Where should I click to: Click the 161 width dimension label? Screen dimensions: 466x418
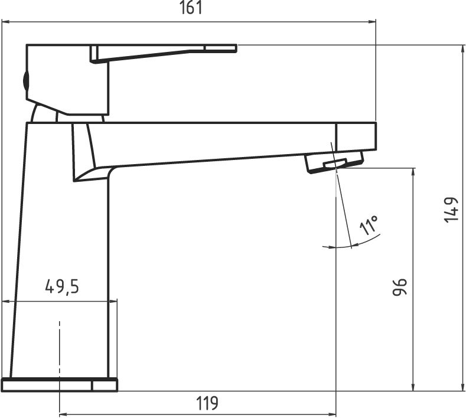(191, 8)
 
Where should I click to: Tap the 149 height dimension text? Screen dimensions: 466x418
(451, 210)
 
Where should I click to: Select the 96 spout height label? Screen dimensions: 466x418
(399, 288)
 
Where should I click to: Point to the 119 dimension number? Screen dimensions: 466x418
(207, 403)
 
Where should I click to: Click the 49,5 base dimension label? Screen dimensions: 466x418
(62, 287)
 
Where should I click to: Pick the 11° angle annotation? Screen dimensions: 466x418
(369, 225)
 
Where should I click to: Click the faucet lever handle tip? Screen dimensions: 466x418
(236, 48)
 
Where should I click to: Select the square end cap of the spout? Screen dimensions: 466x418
(356, 136)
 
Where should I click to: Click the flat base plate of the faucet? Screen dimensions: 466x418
(60, 385)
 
